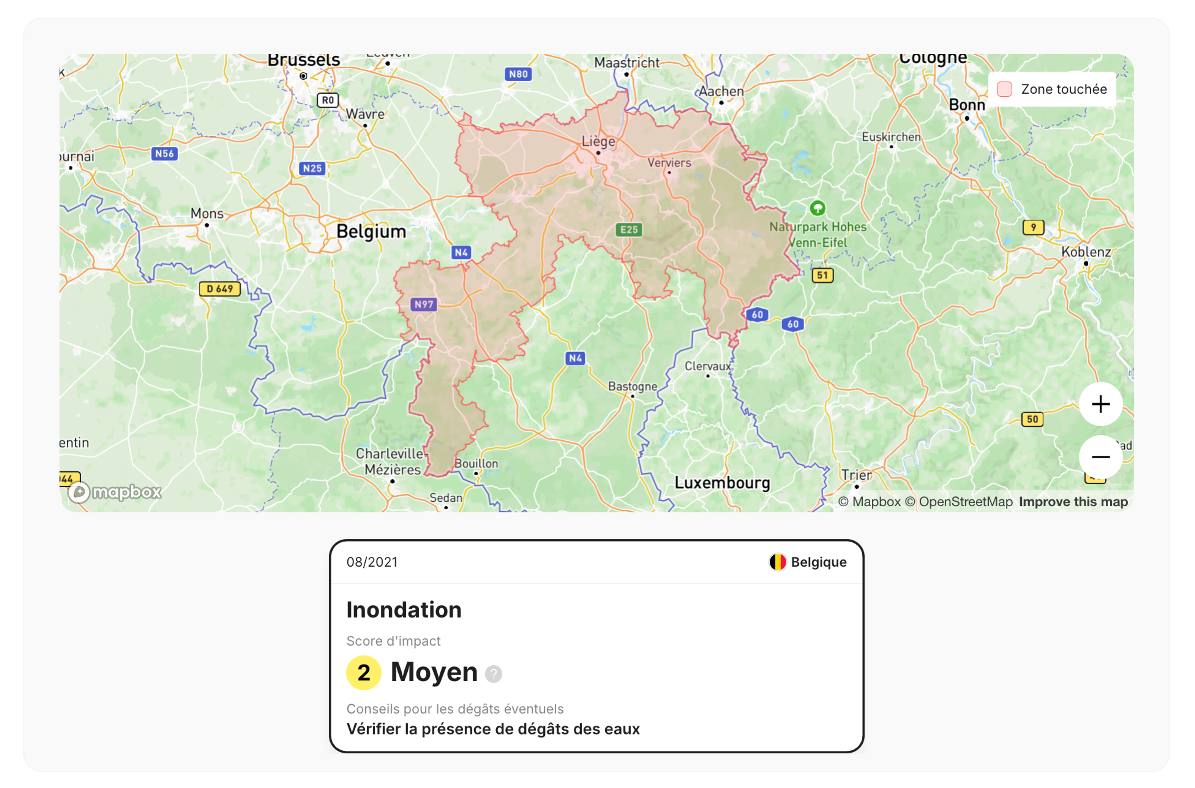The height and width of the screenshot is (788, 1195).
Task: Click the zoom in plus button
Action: pyautogui.click(x=1100, y=404)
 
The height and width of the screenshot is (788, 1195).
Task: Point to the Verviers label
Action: pyautogui.click(x=669, y=163)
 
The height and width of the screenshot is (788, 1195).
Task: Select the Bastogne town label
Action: pyautogui.click(x=632, y=386)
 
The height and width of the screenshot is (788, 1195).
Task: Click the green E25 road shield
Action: pyautogui.click(x=629, y=230)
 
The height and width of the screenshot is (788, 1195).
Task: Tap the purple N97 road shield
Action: pyautogui.click(x=424, y=304)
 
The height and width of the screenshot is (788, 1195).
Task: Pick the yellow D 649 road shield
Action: pyautogui.click(x=220, y=289)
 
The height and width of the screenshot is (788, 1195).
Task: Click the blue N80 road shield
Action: pyautogui.click(x=518, y=74)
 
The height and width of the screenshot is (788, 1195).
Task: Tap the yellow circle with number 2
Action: pyautogui.click(x=363, y=672)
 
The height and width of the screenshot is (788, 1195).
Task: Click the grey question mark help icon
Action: pyautogui.click(x=493, y=674)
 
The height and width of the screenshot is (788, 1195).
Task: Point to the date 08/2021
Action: pyautogui.click(x=372, y=562)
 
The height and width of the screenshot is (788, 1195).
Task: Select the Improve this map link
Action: pyautogui.click(x=1073, y=502)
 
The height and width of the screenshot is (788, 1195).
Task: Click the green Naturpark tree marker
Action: pyautogui.click(x=817, y=207)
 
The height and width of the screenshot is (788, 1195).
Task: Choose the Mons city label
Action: pyautogui.click(x=207, y=214)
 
